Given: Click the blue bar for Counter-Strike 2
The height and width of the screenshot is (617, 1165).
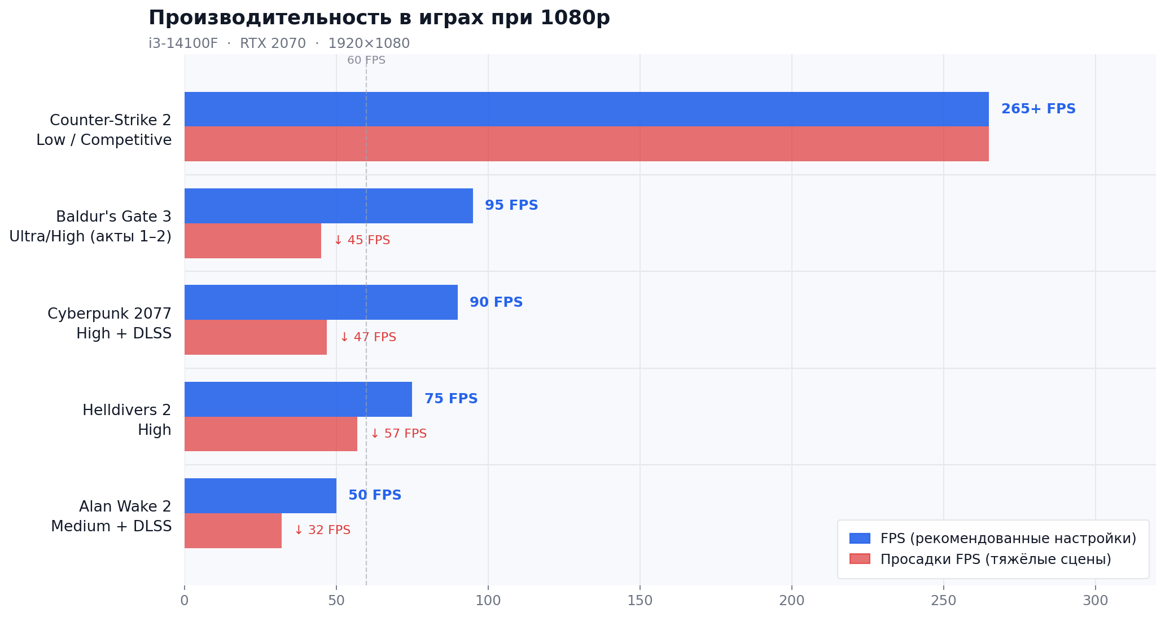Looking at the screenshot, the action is click(x=586, y=109).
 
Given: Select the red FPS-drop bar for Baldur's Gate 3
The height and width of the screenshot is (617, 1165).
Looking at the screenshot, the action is click(x=253, y=241).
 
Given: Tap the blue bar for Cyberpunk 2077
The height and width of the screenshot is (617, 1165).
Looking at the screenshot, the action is click(x=321, y=302).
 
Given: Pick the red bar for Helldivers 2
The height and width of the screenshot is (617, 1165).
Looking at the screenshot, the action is click(x=271, y=434).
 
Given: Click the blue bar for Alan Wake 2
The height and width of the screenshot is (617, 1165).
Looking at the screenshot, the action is click(x=260, y=496).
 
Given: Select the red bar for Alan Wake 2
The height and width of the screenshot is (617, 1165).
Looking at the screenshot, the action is click(x=233, y=531).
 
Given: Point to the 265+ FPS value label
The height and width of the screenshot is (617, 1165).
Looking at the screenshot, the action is click(x=1039, y=109).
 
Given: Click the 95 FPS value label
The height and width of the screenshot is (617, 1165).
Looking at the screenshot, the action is click(x=511, y=205).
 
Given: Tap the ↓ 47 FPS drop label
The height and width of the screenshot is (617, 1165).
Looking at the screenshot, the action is click(x=368, y=337).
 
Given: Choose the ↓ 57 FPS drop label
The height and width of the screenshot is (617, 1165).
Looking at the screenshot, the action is click(x=398, y=434).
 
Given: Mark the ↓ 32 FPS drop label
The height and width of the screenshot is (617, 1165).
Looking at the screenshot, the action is click(x=322, y=530).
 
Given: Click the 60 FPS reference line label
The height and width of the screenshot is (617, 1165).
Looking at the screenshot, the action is click(x=366, y=60).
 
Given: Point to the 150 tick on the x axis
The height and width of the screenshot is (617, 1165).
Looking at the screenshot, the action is click(x=640, y=601).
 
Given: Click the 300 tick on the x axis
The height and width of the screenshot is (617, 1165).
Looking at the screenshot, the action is click(x=1096, y=601).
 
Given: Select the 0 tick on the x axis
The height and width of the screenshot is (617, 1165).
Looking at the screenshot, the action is click(x=185, y=601).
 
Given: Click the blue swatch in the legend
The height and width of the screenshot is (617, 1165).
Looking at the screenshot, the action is click(x=860, y=539).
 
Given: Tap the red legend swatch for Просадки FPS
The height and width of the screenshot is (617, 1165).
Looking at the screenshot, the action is click(x=860, y=559).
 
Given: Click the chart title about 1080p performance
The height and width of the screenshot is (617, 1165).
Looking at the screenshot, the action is click(x=379, y=18).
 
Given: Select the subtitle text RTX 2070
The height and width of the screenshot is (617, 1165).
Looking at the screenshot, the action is click(x=273, y=43).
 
